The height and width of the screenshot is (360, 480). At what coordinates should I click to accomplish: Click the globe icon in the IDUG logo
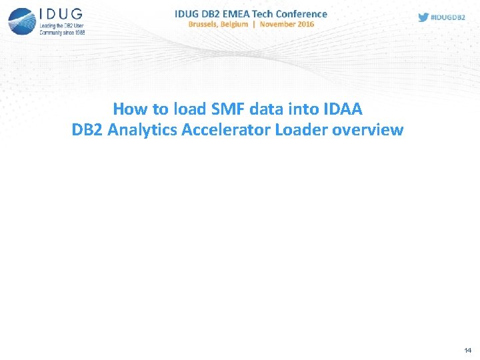coord(21,20)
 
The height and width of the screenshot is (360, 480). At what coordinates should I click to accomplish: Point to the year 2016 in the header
coord(305,24)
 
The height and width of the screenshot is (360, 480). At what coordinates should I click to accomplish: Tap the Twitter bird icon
coord(423,17)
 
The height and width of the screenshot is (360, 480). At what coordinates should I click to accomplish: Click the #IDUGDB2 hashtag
coord(447,17)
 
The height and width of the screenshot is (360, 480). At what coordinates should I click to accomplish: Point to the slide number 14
coord(467,350)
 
